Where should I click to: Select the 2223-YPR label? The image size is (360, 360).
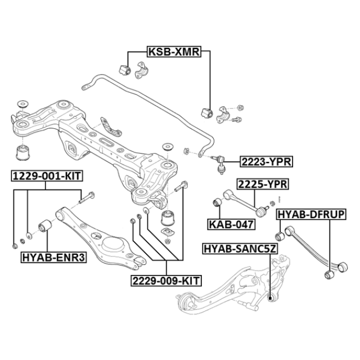(266, 162)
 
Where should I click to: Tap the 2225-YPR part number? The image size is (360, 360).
(262, 184)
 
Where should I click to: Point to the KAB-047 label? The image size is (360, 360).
(232, 224)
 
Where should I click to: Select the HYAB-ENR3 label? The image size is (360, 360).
(54, 258)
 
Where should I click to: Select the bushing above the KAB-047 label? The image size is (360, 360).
(216, 202)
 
